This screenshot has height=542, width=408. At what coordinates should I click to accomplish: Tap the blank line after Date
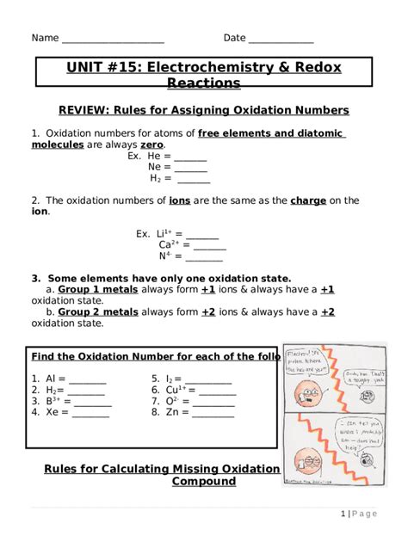[281, 40]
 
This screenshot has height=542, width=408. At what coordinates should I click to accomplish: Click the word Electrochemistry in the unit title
[219, 67]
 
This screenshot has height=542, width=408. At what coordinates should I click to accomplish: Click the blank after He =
[190, 157]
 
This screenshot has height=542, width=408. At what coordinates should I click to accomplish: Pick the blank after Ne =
[191, 169]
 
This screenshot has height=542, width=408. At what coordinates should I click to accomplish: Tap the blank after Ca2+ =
[210, 245]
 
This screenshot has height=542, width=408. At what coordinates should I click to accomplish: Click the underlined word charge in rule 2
[308, 200]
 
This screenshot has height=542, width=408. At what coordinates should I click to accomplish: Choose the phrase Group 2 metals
[98, 312]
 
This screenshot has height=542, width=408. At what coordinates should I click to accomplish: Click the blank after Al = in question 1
[87, 379]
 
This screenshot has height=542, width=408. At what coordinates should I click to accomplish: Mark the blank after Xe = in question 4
[90, 413]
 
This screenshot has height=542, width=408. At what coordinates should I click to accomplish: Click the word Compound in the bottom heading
[203, 483]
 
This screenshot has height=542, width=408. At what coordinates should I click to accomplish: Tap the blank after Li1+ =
[202, 234]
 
